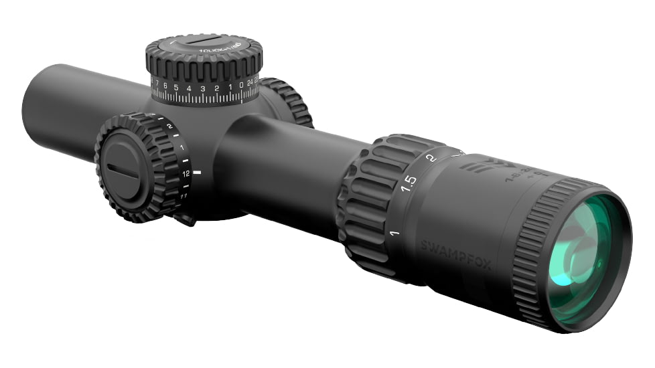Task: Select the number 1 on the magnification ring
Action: pyautogui.click(x=394, y=234)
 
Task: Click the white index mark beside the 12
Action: pyautogui.click(x=197, y=173)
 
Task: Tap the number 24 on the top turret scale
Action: pyautogui.click(x=250, y=84)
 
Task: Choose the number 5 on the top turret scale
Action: pyautogui.click(x=175, y=87)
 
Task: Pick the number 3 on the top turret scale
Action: pyautogui.click(x=202, y=88)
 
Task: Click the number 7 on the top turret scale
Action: pyautogui.click(x=155, y=84)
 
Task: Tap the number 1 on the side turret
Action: pyautogui.click(x=182, y=146)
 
